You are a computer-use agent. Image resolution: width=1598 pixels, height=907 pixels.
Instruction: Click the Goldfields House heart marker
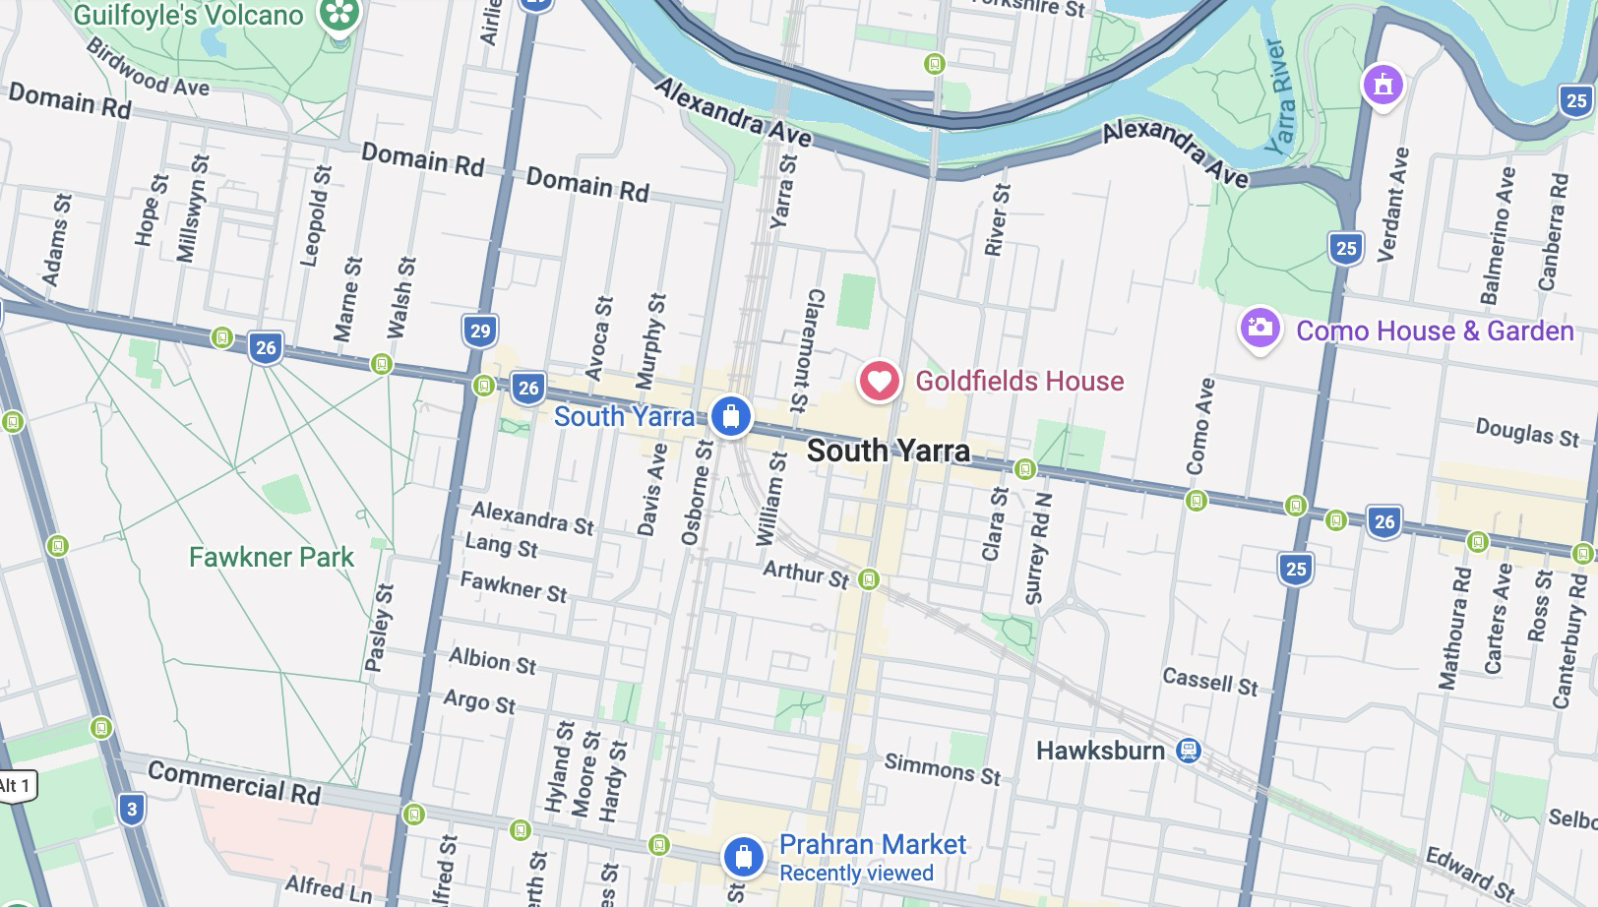879,381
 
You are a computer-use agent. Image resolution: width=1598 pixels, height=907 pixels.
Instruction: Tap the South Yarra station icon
730,417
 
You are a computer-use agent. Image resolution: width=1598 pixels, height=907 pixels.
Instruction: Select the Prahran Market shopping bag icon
744,856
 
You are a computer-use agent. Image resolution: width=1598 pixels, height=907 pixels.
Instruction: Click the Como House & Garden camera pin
1260,329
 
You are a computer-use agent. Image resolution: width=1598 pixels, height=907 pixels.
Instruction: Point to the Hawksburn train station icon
1189,751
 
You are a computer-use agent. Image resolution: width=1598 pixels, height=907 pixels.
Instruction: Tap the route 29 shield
479,331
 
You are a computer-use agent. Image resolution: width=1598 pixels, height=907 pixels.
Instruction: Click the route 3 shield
132,811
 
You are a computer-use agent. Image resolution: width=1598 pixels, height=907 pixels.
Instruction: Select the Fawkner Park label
271,557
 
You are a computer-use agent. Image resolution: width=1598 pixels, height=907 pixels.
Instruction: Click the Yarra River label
1279,96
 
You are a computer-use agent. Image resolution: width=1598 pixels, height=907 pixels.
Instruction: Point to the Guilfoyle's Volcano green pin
339,16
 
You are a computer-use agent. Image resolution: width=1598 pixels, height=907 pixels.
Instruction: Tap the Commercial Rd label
234,784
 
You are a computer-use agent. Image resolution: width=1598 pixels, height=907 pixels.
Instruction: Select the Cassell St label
1209,681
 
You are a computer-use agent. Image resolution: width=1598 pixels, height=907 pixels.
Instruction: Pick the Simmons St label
942,768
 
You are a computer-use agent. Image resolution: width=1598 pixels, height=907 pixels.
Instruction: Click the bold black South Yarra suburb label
888,452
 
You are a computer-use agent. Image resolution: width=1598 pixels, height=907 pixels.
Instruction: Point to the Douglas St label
1526,431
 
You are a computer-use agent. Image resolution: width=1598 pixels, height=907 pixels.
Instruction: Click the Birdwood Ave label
148,68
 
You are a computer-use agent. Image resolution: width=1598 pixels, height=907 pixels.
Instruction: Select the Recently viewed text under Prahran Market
856,874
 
